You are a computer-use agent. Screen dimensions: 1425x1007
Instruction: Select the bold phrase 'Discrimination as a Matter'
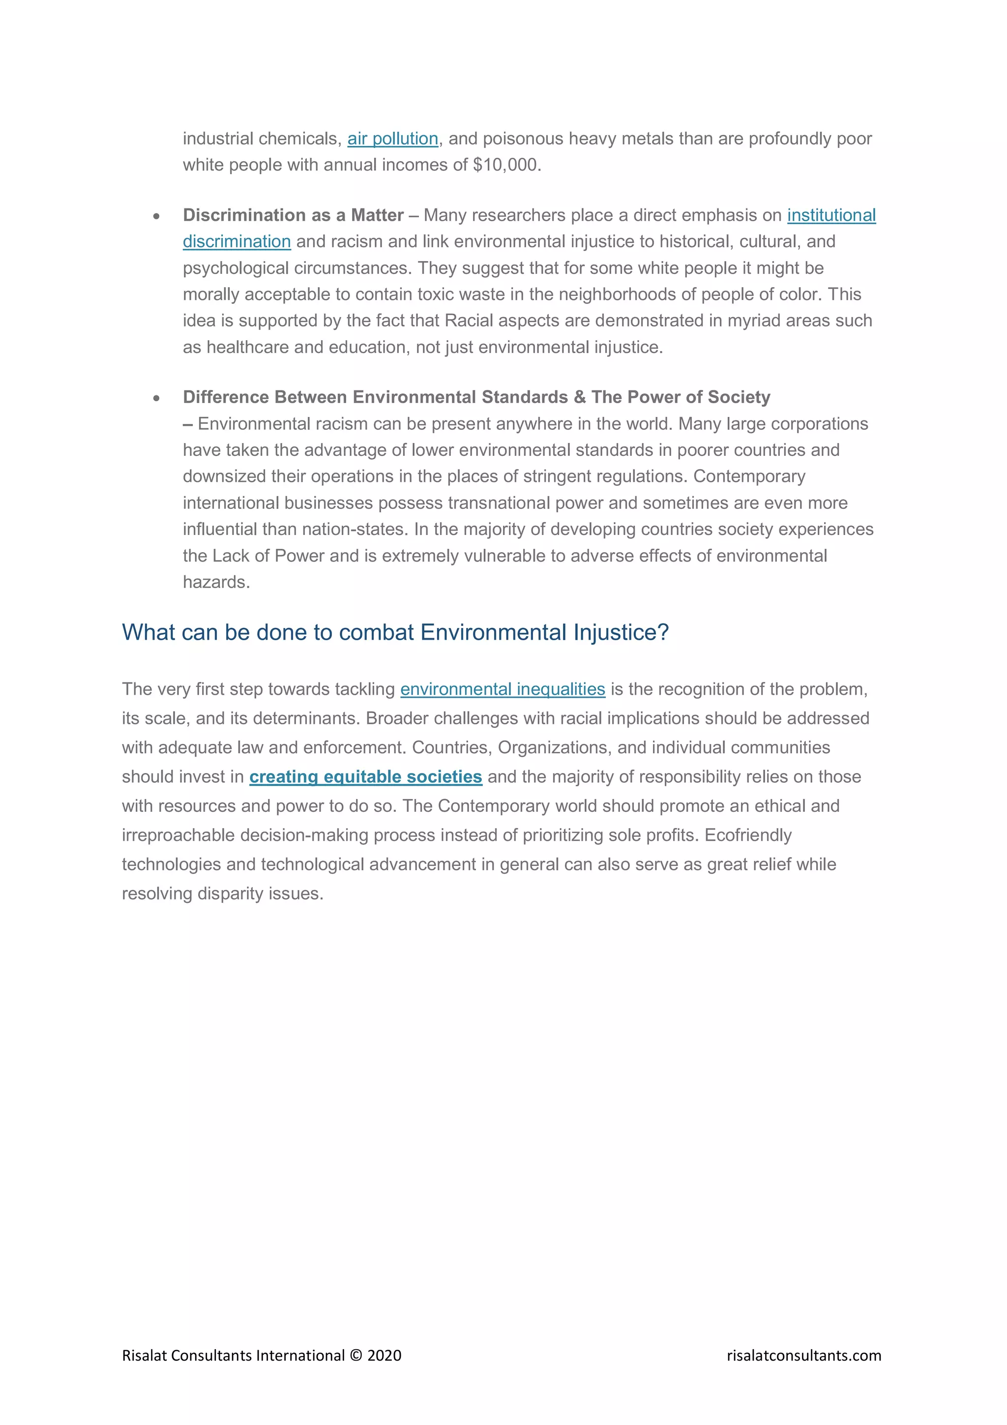coord(293,215)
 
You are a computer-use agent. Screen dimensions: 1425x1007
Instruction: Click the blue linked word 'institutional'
coord(831,215)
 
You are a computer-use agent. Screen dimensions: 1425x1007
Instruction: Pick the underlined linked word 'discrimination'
coord(237,241)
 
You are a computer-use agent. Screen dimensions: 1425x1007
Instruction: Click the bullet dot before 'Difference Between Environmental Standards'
coord(156,398)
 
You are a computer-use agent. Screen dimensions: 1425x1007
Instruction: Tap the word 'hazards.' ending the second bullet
coord(216,582)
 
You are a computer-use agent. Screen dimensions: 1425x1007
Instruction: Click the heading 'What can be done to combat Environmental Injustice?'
coord(395,632)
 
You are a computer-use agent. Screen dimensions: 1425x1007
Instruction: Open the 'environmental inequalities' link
coord(503,689)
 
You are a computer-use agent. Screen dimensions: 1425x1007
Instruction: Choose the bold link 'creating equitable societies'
coord(365,777)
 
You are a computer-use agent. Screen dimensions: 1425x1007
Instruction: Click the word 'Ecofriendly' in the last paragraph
coord(748,835)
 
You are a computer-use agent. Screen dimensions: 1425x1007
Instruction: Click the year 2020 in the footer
coord(384,1356)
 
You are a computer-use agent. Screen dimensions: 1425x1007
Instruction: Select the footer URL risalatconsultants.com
coord(803,1356)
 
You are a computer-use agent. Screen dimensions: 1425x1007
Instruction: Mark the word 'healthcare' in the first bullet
coord(247,348)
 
